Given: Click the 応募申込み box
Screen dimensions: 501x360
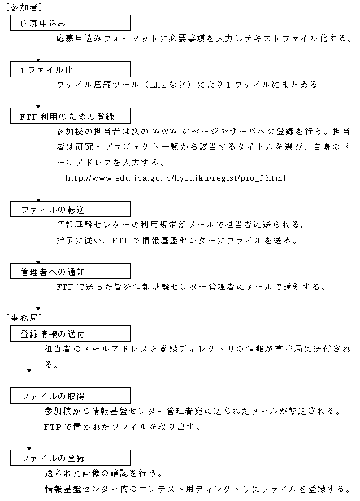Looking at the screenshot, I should pos(70,23).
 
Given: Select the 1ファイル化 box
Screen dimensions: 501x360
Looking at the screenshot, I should pos(70,69).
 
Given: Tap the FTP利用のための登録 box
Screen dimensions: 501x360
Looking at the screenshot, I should pos(70,116).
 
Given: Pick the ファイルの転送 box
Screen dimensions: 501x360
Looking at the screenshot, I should pos(70,210).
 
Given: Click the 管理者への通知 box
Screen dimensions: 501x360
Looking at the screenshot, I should pos(70,272).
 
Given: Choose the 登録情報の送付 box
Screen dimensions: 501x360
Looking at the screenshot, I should pos(70,334).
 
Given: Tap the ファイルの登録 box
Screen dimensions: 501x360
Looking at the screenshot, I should pos(70,458).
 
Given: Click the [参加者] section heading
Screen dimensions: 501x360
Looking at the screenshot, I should pos(24,7).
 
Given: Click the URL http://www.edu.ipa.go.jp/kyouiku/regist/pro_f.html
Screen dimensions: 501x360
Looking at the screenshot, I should pos(176,178).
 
